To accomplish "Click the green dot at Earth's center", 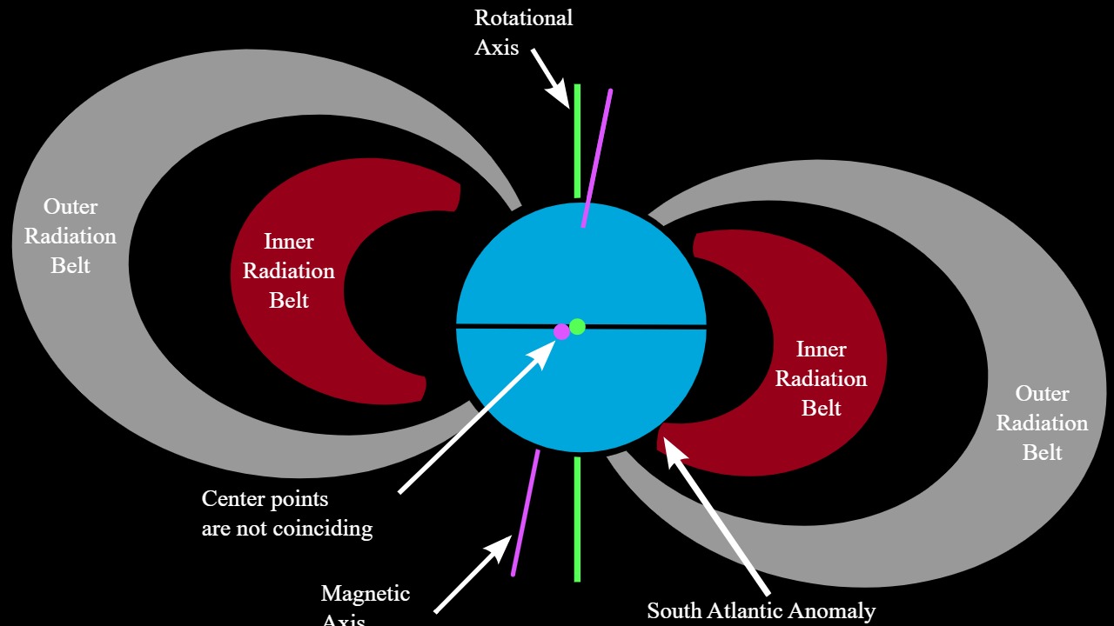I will [577, 327].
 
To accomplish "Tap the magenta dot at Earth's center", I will [561, 331].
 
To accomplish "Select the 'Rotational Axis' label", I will [523, 33].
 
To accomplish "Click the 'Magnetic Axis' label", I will [365, 604].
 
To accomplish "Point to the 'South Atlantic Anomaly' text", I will [761, 611].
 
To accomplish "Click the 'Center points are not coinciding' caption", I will [286, 514].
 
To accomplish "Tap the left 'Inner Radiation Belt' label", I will [289, 270].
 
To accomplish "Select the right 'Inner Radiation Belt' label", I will [821, 378].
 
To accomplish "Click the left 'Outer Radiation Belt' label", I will [70, 236].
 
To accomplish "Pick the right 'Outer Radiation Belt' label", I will [1042, 423].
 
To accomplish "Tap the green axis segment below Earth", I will [577, 518].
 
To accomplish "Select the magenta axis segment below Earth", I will [526, 513].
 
